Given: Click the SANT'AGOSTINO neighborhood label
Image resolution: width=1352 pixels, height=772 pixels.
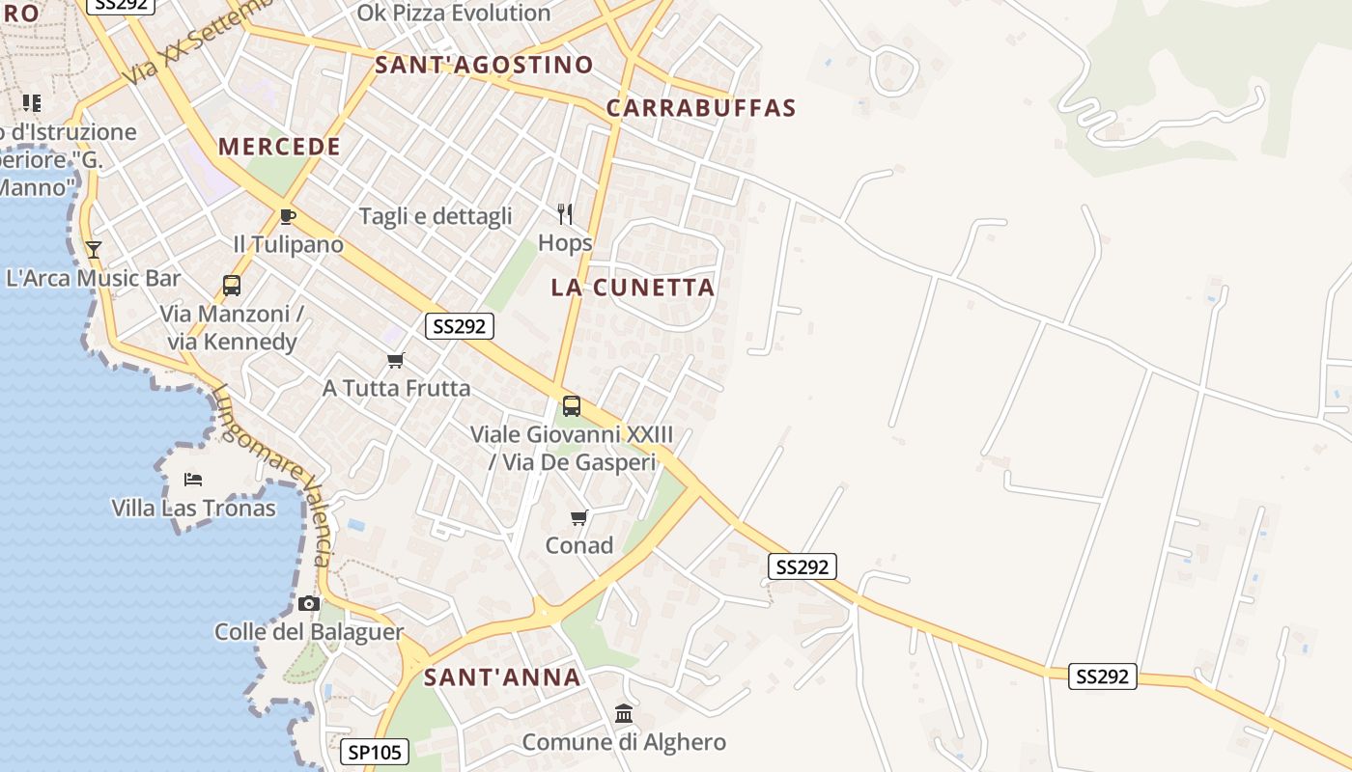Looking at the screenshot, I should click(x=484, y=65).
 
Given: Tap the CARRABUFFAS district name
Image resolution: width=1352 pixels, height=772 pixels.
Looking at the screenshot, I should click(x=701, y=108).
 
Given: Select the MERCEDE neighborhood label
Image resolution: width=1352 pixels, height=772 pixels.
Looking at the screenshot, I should click(x=279, y=147).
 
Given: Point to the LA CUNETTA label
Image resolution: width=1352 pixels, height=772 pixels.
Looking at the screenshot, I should click(x=633, y=288).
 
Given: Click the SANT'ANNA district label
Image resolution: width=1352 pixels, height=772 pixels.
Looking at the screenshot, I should click(x=502, y=677).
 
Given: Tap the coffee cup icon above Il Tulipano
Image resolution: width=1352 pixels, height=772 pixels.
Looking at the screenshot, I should click(x=287, y=216).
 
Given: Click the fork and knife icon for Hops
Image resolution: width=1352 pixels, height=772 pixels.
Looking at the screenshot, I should click(x=565, y=214).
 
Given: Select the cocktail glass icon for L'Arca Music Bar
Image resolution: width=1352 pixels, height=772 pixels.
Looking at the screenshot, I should click(x=94, y=250).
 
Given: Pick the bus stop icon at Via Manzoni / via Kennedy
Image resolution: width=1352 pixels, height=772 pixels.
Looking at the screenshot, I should click(x=232, y=286).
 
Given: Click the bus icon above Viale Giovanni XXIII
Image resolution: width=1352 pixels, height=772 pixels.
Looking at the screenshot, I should click(x=572, y=406).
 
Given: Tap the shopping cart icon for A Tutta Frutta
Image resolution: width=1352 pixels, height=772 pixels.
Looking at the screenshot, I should click(x=395, y=361).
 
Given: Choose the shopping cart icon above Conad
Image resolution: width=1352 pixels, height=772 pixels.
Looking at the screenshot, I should click(x=579, y=518).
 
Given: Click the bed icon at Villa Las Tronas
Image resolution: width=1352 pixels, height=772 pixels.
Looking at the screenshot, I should click(x=193, y=480).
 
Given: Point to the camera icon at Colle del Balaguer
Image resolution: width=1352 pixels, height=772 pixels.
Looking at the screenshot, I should click(x=309, y=604).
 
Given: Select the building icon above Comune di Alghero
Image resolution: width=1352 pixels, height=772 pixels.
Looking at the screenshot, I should click(x=624, y=714).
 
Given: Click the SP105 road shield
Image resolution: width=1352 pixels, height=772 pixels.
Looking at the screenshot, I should click(x=375, y=752).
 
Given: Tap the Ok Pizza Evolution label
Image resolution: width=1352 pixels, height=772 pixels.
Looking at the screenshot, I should click(x=454, y=14).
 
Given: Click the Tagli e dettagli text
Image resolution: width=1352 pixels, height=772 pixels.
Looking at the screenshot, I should click(x=436, y=216).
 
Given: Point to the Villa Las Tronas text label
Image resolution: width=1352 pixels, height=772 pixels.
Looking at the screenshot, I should click(x=193, y=509).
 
